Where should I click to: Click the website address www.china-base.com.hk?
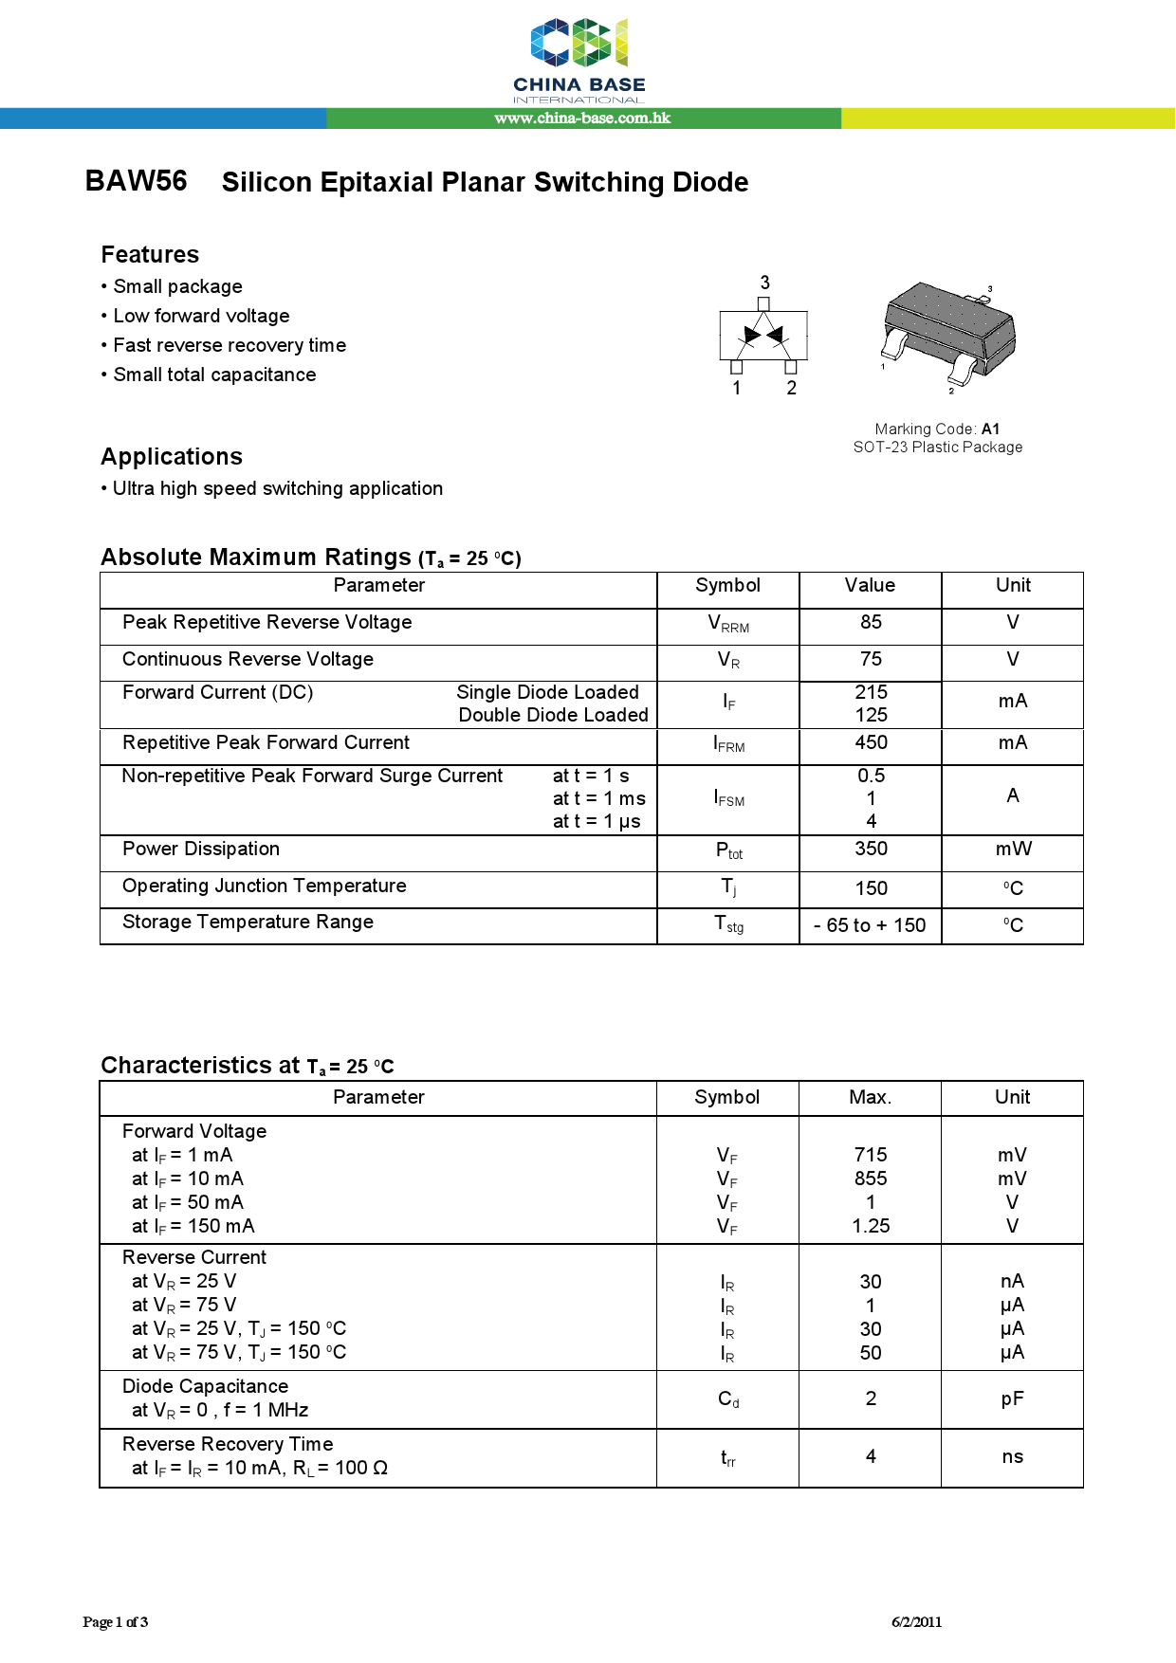(x=582, y=119)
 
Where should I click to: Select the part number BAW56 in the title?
(x=137, y=181)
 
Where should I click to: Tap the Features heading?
(x=150, y=255)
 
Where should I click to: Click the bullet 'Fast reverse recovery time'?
(x=229, y=345)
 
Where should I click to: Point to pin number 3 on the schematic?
(x=764, y=283)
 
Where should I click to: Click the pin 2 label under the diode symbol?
(x=792, y=388)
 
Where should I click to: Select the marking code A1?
(x=990, y=429)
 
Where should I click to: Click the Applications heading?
(x=172, y=457)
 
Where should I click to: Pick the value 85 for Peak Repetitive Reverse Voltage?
(x=871, y=622)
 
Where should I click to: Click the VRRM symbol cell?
(x=728, y=624)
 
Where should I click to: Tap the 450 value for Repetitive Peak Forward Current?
(x=871, y=742)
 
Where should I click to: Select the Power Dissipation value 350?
(x=871, y=849)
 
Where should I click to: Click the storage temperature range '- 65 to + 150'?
(x=870, y=925)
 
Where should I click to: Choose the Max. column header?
(x=870, y=1097)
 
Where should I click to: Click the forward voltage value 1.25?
(x=871, y=1226)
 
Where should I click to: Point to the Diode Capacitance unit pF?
(x=1012, y=1398)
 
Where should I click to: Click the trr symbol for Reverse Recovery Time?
(x=728, y=1458)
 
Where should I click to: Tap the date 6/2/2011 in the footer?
(x=916, y=1621)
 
